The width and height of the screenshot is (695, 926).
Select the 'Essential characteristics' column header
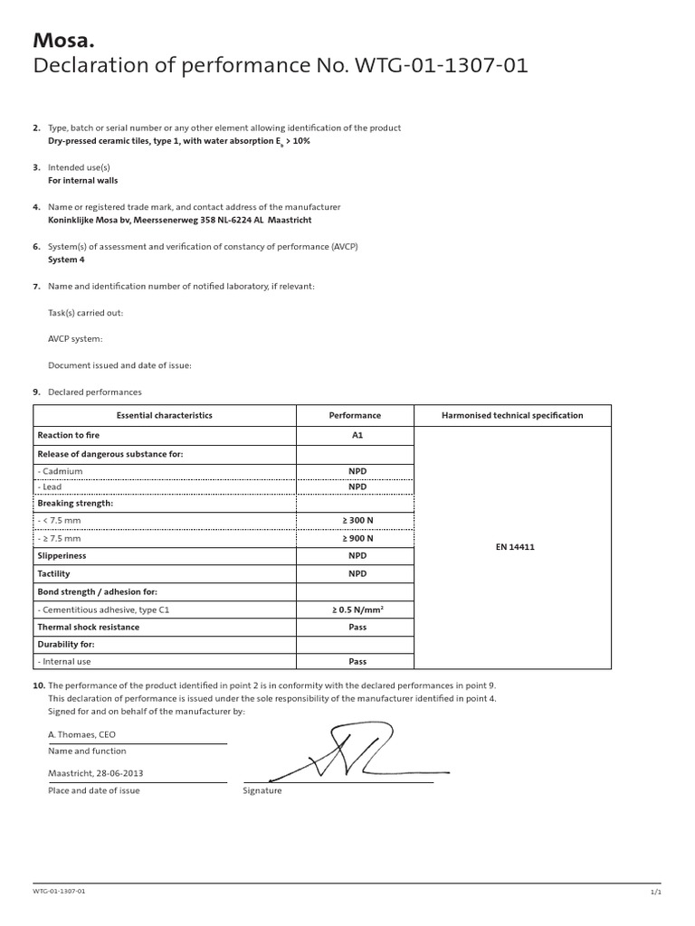coord(165,415)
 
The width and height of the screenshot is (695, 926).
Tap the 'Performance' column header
coord(355,415)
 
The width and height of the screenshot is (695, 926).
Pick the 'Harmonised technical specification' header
coord(512,415)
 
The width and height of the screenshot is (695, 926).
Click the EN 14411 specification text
coord(515,547)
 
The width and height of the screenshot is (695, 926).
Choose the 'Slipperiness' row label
coord(62,555)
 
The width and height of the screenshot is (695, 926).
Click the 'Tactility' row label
coord(54,573)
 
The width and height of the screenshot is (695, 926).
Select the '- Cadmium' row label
coord(60,471)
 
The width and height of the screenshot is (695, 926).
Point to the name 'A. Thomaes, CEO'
coord(81,734)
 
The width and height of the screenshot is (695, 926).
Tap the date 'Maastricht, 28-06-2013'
coord(95,773)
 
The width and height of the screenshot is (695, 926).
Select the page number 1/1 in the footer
coord(656,891)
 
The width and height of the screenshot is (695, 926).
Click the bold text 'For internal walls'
coord(82,180)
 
